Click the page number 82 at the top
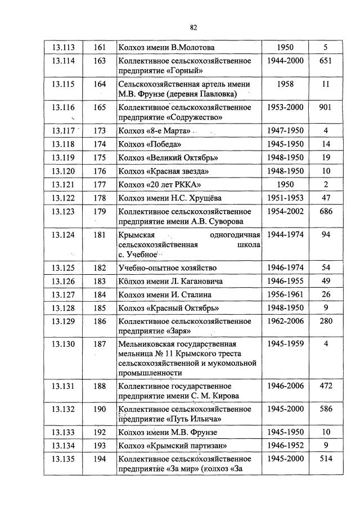click(x=193, y=27)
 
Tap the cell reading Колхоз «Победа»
click(x=141, y=144)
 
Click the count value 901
click(x=325, y=107)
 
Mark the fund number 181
click(x=100, y=234)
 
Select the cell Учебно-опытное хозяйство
click(x=166, y=267)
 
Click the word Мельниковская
click(x=144, y=344)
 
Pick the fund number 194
click(x=100, y=459)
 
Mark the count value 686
click(x=325, y=211)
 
